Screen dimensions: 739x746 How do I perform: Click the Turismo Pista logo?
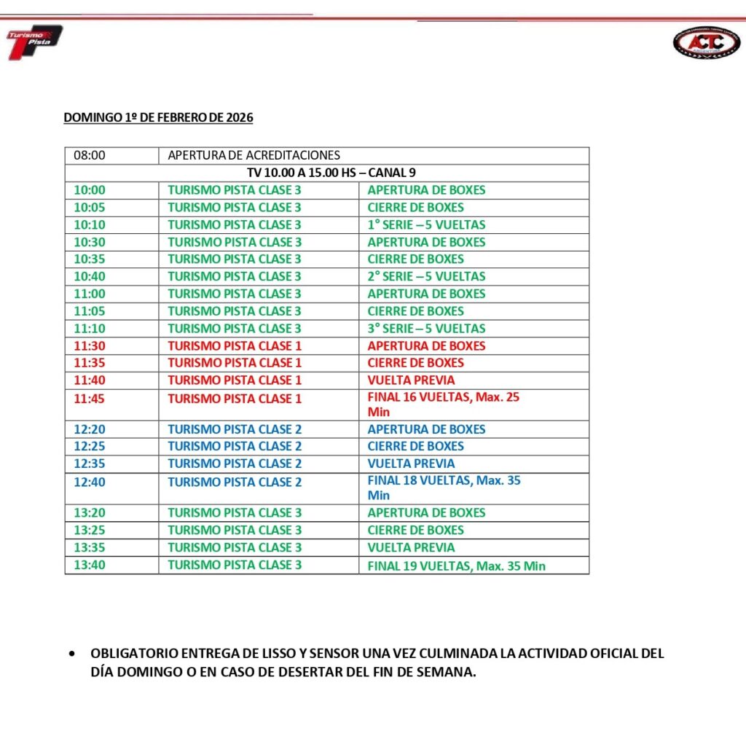[34, 42]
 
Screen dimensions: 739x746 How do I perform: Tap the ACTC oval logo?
[706, 42]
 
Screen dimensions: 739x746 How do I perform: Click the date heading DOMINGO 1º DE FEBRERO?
[158, 117]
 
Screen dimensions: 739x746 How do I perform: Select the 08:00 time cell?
[90, 155]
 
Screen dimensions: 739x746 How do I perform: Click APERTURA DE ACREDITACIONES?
[254, 155]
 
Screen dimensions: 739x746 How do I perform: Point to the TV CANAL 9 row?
[326, 173]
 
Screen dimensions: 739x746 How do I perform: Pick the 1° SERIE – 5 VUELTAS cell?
[426, 224]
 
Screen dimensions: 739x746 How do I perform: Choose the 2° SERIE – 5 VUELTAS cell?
[426, 276]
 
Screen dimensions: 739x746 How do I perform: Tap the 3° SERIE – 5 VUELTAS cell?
[426, 328]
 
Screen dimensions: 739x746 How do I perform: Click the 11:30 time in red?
[90, 345]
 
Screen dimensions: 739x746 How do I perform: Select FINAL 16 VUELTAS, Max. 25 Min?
[443, 404]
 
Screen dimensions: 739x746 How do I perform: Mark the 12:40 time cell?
[90, 482]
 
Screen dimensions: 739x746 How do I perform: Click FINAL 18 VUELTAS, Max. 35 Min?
[444, 488]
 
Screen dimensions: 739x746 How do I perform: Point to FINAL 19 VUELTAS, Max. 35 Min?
[456, 566]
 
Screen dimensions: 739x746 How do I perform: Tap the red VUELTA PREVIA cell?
[411, 380]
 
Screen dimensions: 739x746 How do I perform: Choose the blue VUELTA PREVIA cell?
[411, 464]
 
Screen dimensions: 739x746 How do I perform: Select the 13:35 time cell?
[90, 547]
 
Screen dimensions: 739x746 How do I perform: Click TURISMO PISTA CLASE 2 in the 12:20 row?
[235, 429]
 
